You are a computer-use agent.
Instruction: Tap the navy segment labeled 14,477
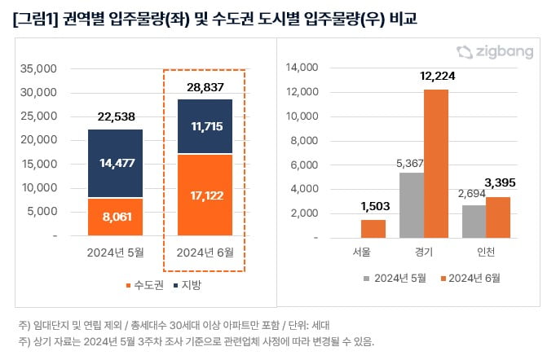[115, 163]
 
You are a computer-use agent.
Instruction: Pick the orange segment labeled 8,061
[115, 217]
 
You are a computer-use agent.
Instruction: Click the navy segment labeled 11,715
[205, 126]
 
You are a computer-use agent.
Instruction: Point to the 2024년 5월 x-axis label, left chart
[115, 252]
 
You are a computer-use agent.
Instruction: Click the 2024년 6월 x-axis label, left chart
[205, 252]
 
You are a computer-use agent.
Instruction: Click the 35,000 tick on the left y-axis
[40, 68]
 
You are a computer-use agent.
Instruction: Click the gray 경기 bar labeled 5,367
[411, 205]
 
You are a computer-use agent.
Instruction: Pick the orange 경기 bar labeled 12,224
[436, 164]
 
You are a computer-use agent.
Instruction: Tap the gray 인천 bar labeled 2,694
[474, 222]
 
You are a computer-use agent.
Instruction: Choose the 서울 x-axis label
[360, 252]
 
